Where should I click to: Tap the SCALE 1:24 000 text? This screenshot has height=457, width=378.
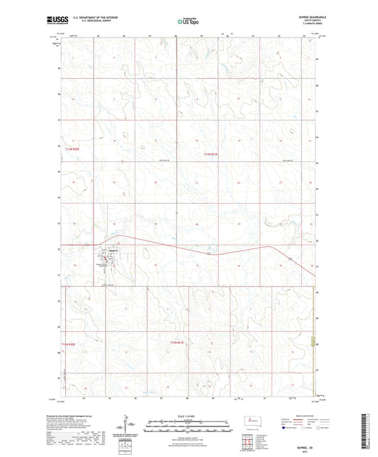[188, 415]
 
